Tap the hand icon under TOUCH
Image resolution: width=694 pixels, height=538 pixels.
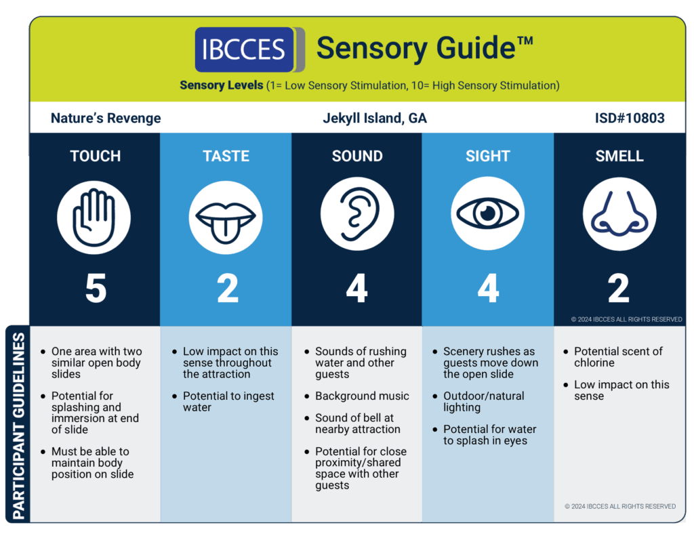click(94, 218)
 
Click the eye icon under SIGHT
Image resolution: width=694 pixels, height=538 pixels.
click(488, 213)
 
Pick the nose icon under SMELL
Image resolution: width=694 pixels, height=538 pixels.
click(619, 213)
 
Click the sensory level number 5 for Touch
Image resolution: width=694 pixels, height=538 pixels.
click(96, 288)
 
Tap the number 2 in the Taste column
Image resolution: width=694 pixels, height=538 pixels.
click(228, 288)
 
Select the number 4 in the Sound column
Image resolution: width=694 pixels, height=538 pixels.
click(356, 288)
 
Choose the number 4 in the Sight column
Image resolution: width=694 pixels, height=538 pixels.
click(488, 288)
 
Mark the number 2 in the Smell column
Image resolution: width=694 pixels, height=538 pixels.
click(618, 288)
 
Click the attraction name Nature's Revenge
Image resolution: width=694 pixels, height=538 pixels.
click(106, 118)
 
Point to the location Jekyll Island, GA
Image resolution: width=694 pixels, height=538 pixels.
click(375, 118)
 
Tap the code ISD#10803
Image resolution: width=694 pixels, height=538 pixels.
click(630, 118)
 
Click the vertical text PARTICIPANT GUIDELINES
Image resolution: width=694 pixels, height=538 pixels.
click(18, 426)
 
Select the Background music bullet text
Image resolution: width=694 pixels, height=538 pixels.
click(362, 396)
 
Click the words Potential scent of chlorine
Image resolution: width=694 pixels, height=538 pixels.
click(618, 357)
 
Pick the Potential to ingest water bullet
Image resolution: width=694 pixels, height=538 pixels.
click(228, 402)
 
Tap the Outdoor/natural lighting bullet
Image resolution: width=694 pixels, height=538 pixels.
click(484, 402)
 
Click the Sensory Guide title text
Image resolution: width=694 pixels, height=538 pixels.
click(425, 48)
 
